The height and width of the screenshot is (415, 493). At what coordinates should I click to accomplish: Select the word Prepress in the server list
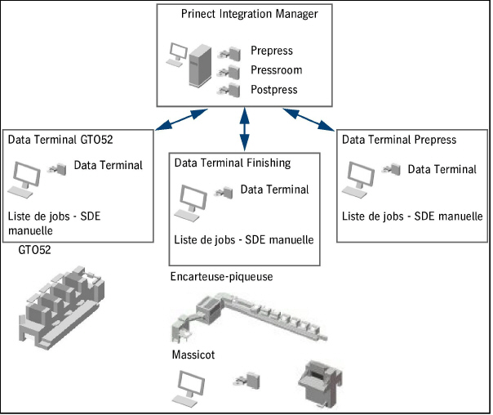[x=271, y=51]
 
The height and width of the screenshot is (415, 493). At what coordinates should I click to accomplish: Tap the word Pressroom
[x=274, y=70]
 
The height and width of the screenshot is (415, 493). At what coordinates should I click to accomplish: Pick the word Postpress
[x=273, y=90]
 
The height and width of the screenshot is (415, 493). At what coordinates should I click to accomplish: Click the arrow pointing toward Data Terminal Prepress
[x=312, y=118]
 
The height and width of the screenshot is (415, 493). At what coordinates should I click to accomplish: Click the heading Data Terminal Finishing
[x=233, y=163]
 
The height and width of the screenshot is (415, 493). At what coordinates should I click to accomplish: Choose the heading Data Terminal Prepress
[x=399, y=140]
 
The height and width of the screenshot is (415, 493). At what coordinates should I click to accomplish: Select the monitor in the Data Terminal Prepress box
[x=361, y=176]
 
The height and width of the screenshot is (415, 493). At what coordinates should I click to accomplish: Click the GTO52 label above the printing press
[x=34, y=250]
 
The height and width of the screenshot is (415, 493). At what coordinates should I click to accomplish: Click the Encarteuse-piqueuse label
[x=221, y=277]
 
